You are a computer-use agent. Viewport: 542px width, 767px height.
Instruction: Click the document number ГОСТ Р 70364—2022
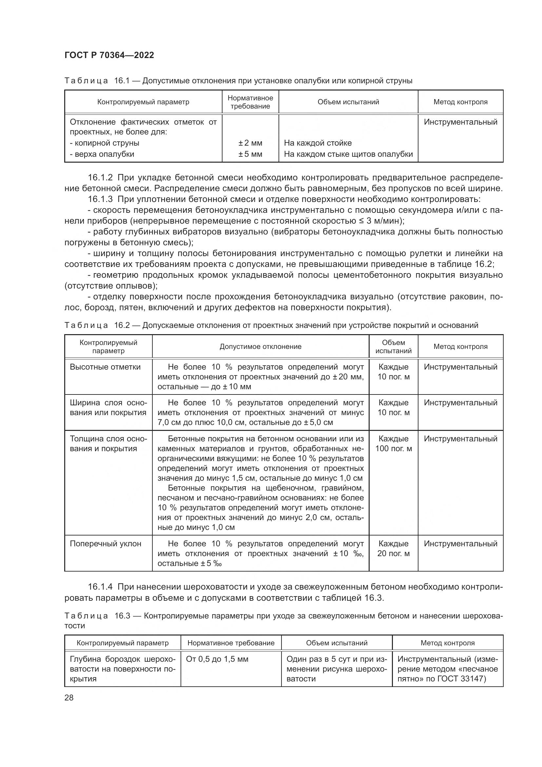109,55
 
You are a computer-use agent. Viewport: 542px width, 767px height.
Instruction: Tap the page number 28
69,697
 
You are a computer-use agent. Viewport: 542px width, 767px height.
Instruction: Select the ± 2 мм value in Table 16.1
250,143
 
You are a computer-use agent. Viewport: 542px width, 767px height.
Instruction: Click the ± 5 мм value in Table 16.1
250,154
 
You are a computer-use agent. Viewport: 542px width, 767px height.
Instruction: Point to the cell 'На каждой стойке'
318,143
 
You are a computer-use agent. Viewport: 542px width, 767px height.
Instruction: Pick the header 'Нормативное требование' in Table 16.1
250,102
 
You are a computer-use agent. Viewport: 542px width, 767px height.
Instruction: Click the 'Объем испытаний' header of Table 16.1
348,102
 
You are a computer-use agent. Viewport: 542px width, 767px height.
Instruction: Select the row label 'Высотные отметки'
105,367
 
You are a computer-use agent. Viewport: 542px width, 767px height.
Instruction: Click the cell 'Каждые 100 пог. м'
393,443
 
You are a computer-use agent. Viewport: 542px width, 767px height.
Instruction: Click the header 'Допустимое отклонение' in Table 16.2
260,346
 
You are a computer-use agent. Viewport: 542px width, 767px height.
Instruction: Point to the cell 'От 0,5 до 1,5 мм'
217,659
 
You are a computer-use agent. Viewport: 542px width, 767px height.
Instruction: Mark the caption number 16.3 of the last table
122,616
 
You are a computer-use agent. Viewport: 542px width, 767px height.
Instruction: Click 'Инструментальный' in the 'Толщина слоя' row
460,439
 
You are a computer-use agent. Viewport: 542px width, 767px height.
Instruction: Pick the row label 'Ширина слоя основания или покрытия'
108,408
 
